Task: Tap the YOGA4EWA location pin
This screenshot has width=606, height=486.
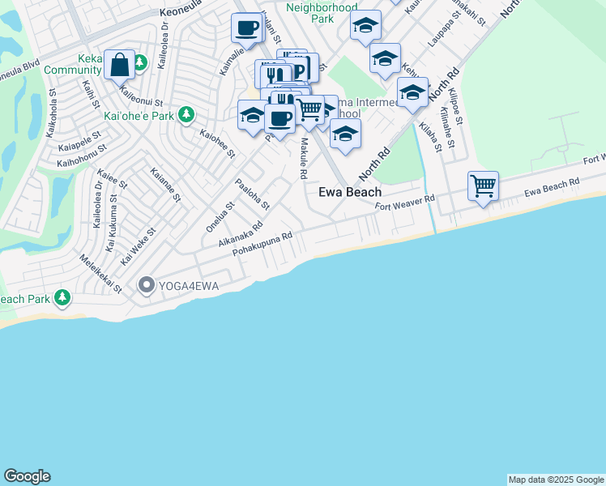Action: click(147, 284)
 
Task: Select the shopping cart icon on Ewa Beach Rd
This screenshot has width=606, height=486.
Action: click(483, 185)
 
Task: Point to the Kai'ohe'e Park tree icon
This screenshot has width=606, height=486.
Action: click(186, 115)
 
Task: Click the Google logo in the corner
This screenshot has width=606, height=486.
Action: click(27, 476)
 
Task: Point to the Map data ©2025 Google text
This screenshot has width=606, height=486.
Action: click(556, 480)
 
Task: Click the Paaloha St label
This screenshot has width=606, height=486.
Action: click(252, 195)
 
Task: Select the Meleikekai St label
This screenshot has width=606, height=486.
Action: click(100, 274)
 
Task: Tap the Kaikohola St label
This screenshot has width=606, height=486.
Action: click(52, 118)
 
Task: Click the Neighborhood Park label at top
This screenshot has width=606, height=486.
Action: click(322, 12)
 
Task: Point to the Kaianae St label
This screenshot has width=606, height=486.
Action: click(165, 185)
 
